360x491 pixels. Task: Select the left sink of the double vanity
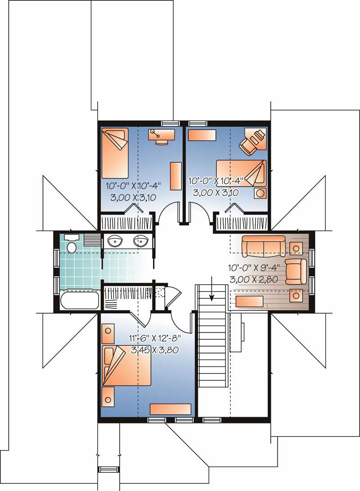point(116,242)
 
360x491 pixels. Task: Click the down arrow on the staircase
point(211,294)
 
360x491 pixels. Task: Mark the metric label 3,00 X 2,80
point(253,279)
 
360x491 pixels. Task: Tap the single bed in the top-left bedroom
point(115,153)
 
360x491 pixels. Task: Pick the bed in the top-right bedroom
point(241,172)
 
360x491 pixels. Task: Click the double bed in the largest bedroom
point(126,365)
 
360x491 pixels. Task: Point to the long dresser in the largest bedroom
point(171,409)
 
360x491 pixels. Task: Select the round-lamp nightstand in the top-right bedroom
point(261,193)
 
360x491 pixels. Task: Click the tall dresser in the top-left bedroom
point(175,176)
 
